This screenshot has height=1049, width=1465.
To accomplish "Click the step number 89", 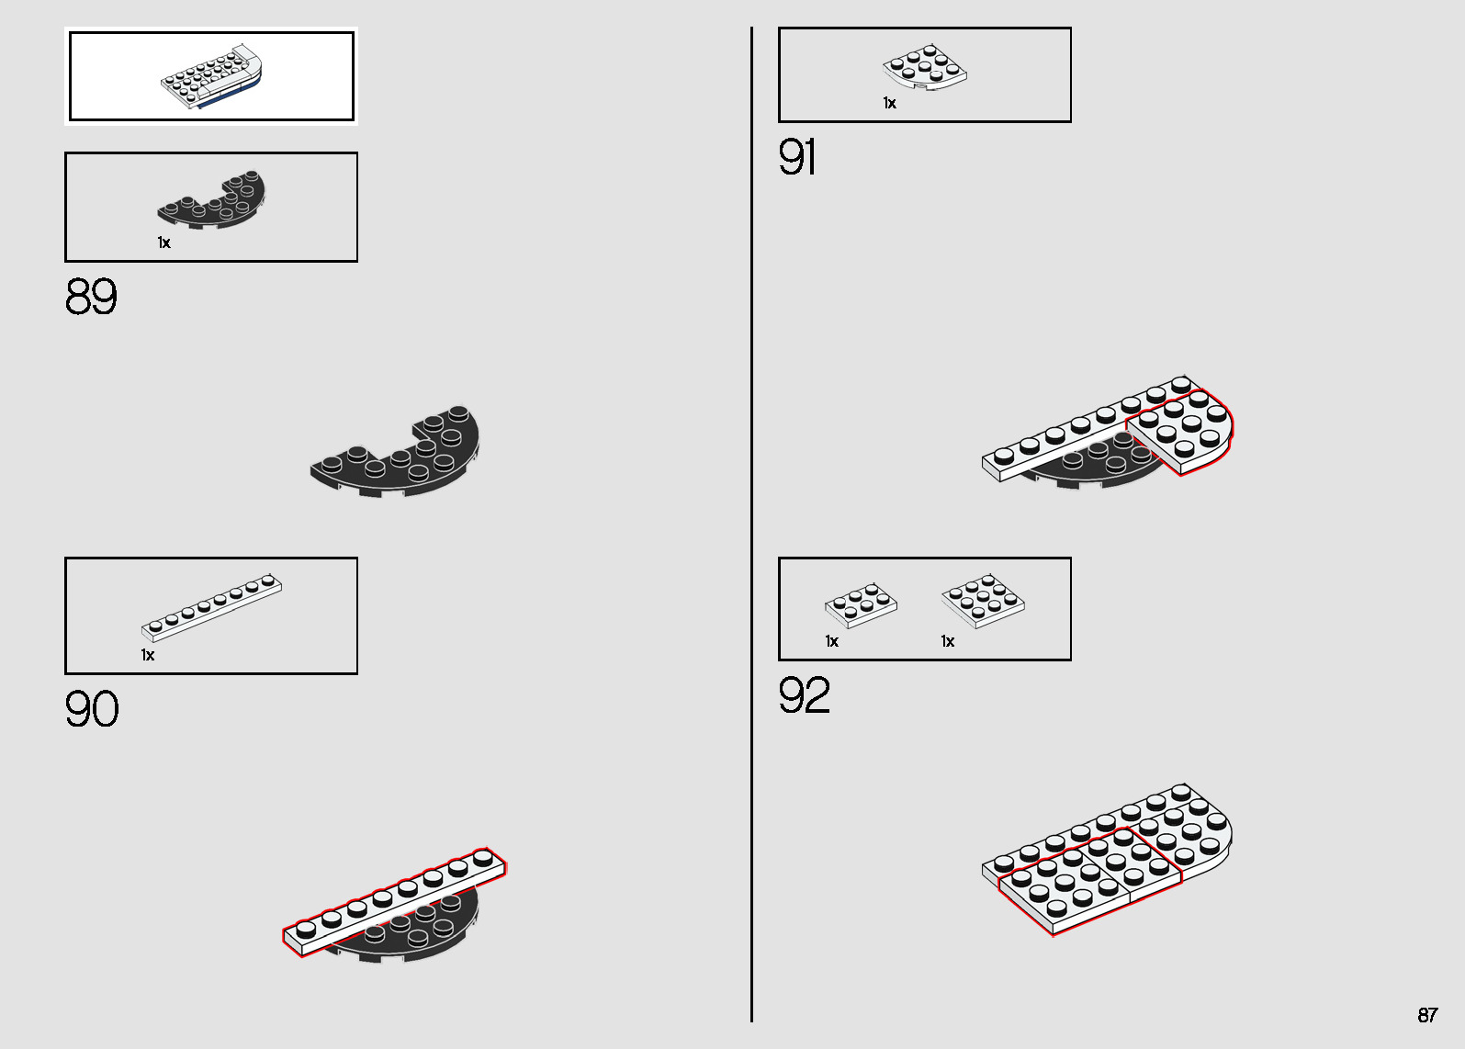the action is coord(91,297).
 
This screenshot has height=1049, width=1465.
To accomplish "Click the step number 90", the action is coord(92,709).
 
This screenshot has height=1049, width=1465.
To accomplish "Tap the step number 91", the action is coord(797,157).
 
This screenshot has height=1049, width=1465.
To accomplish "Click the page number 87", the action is coord(1427,1015).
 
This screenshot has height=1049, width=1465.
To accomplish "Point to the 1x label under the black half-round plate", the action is coord(164,243).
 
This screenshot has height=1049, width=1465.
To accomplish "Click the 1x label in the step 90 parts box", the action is coord(148,655).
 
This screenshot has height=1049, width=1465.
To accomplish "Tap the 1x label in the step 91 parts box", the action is coord(889,103).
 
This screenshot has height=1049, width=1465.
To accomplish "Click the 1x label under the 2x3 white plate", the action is coord(832,641).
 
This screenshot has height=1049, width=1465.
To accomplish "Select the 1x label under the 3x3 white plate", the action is coord(948,641).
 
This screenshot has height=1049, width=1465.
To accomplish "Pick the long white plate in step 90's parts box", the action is coord(211,608).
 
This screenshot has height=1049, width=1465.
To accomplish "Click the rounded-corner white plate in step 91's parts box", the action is coord(925,67).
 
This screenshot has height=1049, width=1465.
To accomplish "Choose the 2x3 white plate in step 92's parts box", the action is coord(861,605).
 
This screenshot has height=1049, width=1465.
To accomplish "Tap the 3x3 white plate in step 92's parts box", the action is coord(983,602).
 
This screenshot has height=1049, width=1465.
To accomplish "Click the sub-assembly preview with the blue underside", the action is coord(211,76).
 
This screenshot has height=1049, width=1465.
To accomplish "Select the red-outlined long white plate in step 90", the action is coord(394,902).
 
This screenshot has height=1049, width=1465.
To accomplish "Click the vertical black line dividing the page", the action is coord(751,524).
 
